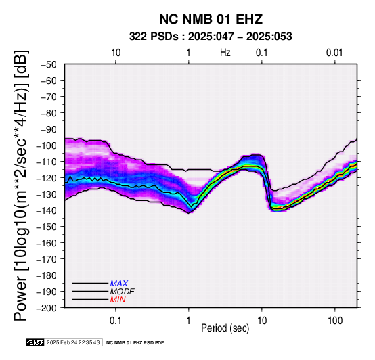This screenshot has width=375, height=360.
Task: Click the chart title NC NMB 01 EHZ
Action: [211, 19]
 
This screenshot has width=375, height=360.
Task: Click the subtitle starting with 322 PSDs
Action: [211, 37]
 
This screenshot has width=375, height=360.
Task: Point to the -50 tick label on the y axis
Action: [49, 64]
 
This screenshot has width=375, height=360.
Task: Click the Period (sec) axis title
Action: [225, 328]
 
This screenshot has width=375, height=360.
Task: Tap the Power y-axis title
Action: [20, 185]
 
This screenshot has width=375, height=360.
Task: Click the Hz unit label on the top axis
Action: [225, 53]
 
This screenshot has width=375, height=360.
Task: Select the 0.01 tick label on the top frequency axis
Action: [334, 53]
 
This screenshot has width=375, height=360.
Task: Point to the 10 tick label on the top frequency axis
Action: [116, 53]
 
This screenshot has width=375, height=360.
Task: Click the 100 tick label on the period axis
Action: [335, 321]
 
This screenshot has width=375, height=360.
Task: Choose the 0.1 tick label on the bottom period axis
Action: [116, 321]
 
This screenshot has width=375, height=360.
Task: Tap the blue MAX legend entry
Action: [119, 284]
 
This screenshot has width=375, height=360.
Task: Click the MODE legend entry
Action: [123, 292]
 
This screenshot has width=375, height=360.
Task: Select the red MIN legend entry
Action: [118, 300]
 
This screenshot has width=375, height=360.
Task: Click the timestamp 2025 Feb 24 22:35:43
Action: [73, 342]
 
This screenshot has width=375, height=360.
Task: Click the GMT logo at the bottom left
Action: [35, 342]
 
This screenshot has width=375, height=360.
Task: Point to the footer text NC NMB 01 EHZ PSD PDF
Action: [135, 343]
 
